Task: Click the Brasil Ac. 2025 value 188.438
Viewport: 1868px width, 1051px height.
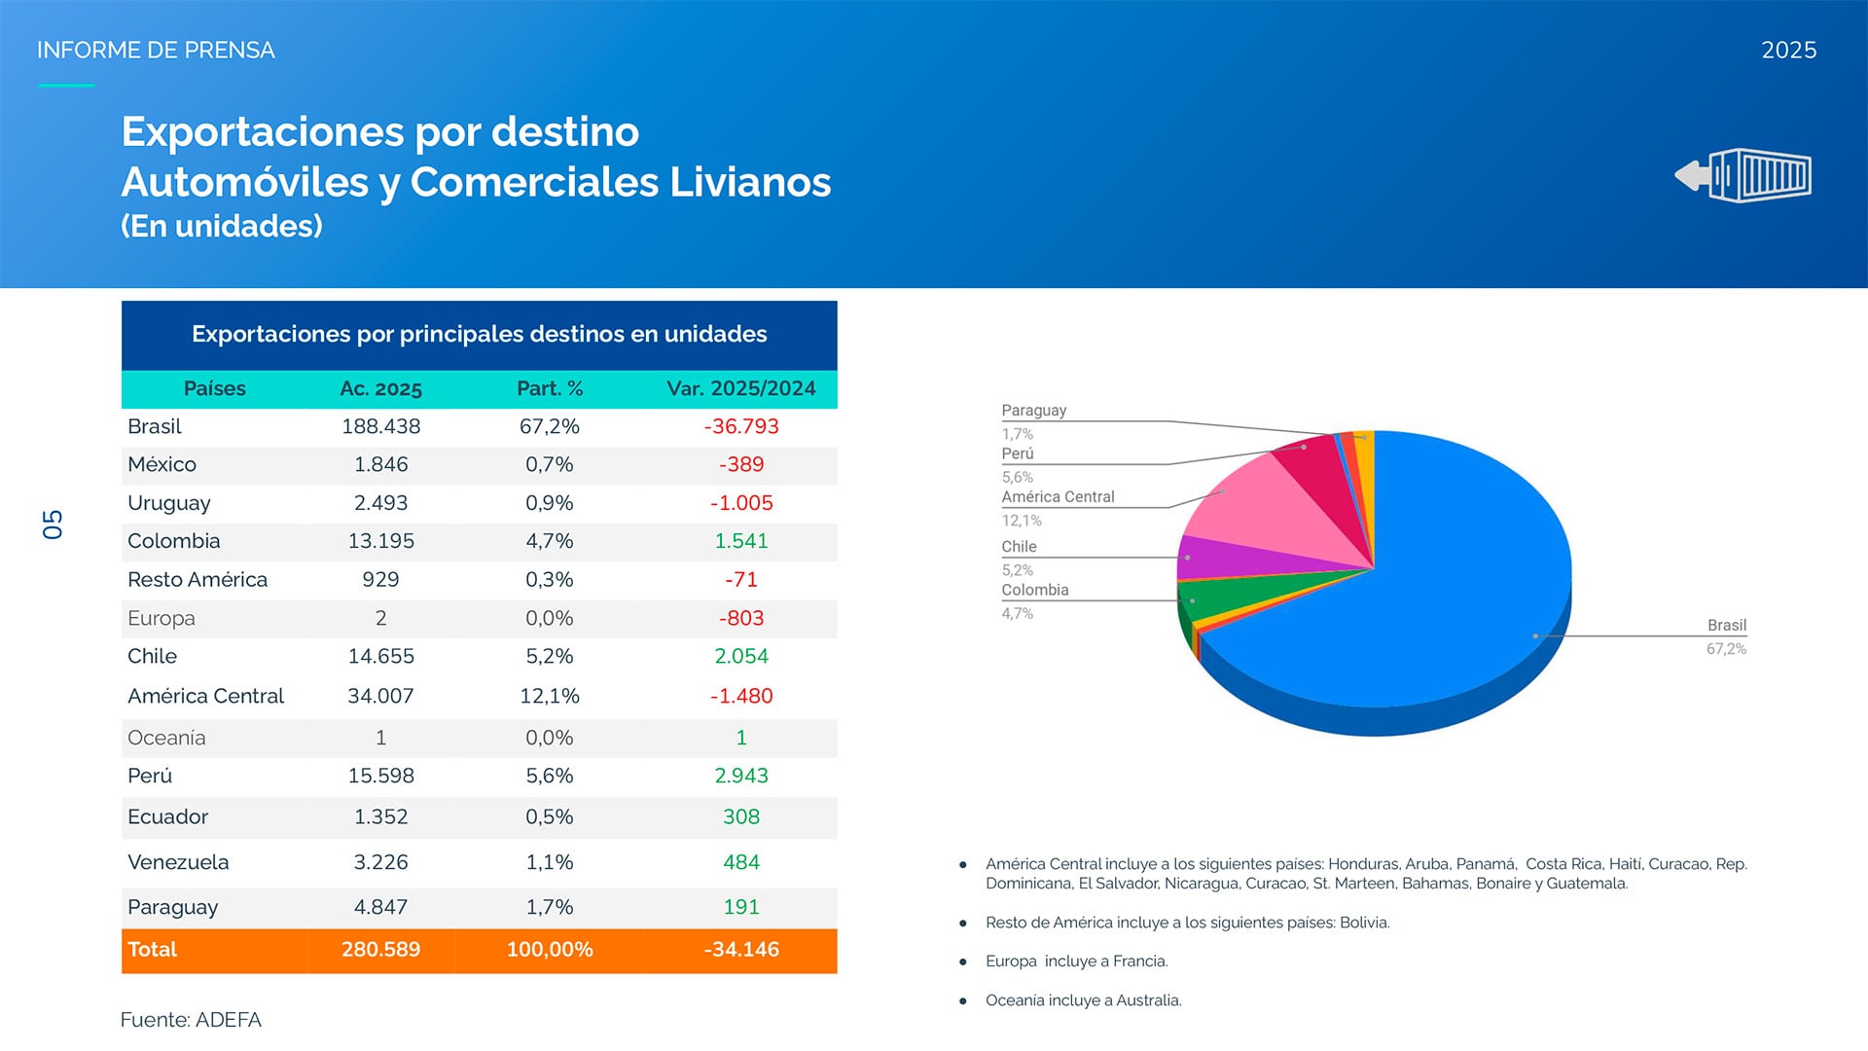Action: (x=380, y=426)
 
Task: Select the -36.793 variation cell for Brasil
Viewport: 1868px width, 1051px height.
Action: (x=740, y=426)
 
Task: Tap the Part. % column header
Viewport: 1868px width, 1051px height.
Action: (x=550, y=388)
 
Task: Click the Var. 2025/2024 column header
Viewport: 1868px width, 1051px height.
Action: (x=740, y=388)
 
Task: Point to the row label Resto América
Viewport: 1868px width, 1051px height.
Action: (x=197, y=580)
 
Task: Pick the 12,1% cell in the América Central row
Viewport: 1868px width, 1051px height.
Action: (x=550, y=696)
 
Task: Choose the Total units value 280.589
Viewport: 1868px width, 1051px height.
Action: (x=380, y=950)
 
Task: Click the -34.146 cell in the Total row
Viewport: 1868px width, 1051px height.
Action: (x=740, y=950)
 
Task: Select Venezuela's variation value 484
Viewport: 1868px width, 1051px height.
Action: (x=740, y=862)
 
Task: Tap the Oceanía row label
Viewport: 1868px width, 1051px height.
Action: (x=166, y=738)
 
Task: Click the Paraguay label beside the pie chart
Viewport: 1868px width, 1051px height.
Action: (x=1033, y=411)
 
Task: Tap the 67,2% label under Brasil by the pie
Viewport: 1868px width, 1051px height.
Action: (x=1725, y=649)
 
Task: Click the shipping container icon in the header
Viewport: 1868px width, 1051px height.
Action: (x=1743, y=175)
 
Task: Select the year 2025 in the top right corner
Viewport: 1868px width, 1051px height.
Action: (x=1788, y=51)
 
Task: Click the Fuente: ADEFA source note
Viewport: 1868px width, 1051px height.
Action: (x=191, y=1020)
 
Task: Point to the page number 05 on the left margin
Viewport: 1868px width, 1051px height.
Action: (x=53, y=525)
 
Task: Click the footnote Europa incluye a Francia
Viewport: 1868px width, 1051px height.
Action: (x=1076, y=961)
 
